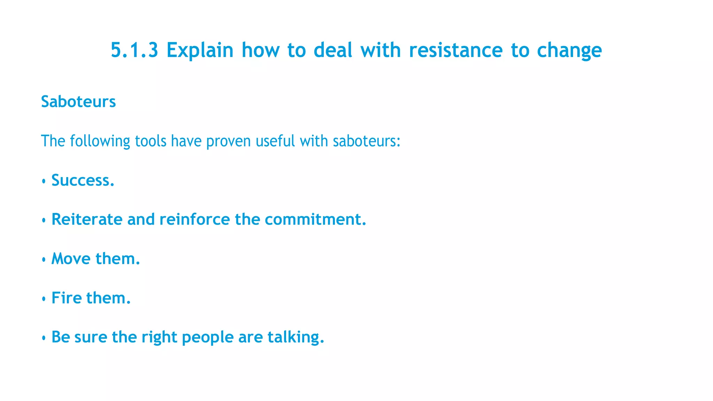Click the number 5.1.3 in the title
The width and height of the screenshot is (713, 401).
click(134, 50)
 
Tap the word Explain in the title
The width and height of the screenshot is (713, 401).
click(200, 50)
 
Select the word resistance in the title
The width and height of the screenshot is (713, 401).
click(456, 50)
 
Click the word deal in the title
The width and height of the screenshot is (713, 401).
click(333, 50)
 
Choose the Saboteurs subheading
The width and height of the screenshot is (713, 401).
click(78, 102)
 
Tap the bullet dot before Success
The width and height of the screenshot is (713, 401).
click(44, 181)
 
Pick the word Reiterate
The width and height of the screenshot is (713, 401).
click(87, 219)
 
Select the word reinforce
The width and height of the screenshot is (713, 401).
click(195, 219)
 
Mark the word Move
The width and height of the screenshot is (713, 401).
click(71, 259)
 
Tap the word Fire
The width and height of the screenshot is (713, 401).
click(66, 298)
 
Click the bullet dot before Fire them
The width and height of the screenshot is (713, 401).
click(44, 299)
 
